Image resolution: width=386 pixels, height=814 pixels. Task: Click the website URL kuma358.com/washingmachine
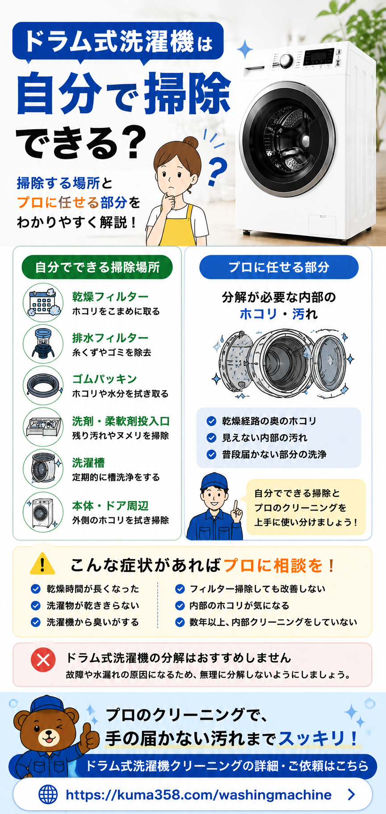tap(198, 794)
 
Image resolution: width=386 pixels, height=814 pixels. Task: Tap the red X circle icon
tap(43, 660)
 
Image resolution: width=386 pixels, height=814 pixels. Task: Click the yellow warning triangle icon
tap(42, 564)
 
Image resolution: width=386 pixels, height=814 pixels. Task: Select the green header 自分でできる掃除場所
tap(97, 267)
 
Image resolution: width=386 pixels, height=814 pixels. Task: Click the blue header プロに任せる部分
tap(279, 267)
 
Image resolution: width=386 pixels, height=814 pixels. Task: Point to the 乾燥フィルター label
tap(110, 296)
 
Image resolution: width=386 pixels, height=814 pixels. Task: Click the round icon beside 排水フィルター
tap(43, 344)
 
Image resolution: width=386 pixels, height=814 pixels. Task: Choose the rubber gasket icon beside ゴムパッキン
tap(43, 385)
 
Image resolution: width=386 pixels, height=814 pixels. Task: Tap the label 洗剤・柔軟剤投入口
tap(121, 421)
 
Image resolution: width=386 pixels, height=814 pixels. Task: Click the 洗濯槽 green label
tap(88, 463)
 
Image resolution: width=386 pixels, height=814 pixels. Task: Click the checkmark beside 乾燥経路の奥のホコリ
tap(211, 421)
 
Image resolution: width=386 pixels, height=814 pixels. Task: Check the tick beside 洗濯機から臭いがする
tap(36, 622)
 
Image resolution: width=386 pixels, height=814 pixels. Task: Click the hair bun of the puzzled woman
tap(191, 143)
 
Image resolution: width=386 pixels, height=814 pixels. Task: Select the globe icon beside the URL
tap(48, 794)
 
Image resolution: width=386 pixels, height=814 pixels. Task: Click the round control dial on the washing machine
tap(286, 60)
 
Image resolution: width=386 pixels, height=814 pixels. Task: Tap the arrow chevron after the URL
tap(352, 794)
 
